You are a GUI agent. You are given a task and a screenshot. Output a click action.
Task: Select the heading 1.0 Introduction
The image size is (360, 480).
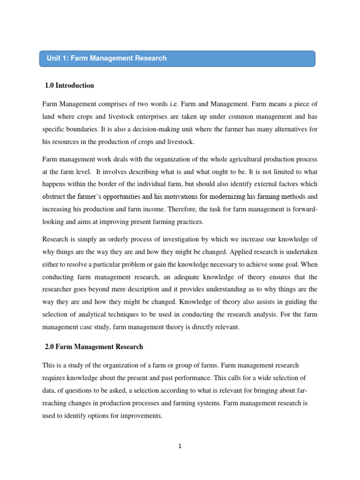69,86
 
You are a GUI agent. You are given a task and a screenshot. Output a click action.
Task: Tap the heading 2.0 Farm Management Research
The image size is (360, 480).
94,347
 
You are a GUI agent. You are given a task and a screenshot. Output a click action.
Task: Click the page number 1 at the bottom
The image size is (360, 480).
180,446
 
